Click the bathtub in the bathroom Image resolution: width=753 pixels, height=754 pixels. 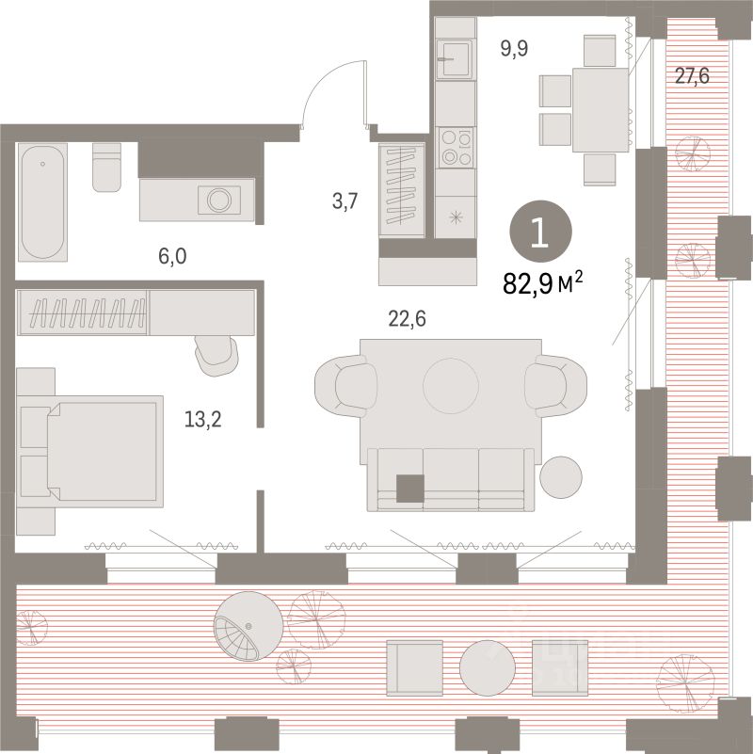tap(43, 201)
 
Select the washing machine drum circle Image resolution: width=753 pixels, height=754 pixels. tap(219, 200)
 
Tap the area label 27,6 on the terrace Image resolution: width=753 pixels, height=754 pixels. tap(691, 76)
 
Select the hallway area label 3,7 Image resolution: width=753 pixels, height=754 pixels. tap(344, 201)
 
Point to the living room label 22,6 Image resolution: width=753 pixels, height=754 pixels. tap(408, 319)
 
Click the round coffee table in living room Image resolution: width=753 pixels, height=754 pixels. tap(451, 382)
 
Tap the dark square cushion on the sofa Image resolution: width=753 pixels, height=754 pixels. tap(410, 489)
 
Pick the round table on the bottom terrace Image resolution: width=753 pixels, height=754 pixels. tap(487, 666)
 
